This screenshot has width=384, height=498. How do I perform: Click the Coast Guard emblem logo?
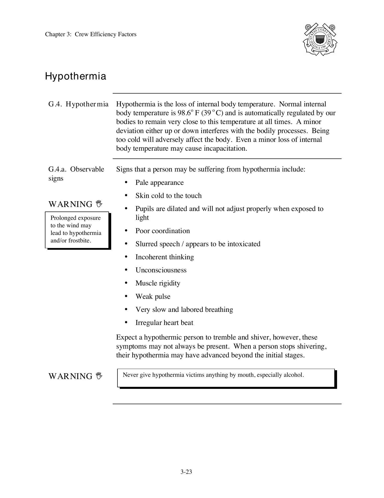tap(320, 40)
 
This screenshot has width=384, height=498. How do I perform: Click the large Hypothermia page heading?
tap(76, 76)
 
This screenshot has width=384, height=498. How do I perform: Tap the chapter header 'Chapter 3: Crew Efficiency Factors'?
tap(91, 34)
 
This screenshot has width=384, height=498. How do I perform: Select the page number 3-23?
tap(186, 472)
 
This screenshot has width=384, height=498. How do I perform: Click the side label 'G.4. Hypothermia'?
tap(78, 104)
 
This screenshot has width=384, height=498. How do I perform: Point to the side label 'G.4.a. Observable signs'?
tap(76, 174)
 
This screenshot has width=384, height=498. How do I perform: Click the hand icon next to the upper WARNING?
tap(99, 204)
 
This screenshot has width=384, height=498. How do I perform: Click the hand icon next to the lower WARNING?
tap(99, 376)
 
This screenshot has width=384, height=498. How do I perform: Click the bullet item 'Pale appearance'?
tap(159, 183)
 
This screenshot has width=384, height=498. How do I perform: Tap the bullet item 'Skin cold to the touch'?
tap(168, 196)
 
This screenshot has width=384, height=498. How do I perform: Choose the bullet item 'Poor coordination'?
tap(163, 231)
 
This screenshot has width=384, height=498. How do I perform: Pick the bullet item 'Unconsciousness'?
tap(161, 270)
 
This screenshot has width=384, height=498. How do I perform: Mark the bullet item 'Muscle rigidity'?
tap(158, 283)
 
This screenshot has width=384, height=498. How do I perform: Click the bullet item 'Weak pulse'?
tap(153, 297)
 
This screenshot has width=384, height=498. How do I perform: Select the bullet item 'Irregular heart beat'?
tap(164, 323)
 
